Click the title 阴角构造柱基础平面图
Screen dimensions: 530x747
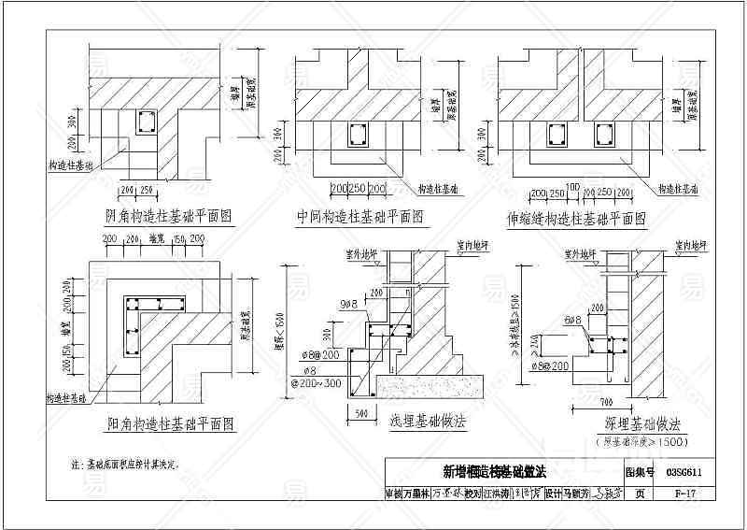tap(168, 216)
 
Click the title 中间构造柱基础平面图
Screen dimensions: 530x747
tap(359, 217)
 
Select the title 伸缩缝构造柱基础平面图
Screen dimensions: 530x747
tap(576, 218)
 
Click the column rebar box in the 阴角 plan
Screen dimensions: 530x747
tap(147, 122)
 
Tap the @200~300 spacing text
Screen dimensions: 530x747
tap(316, 383)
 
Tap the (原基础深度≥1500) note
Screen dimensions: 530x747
tap(641, 440)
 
